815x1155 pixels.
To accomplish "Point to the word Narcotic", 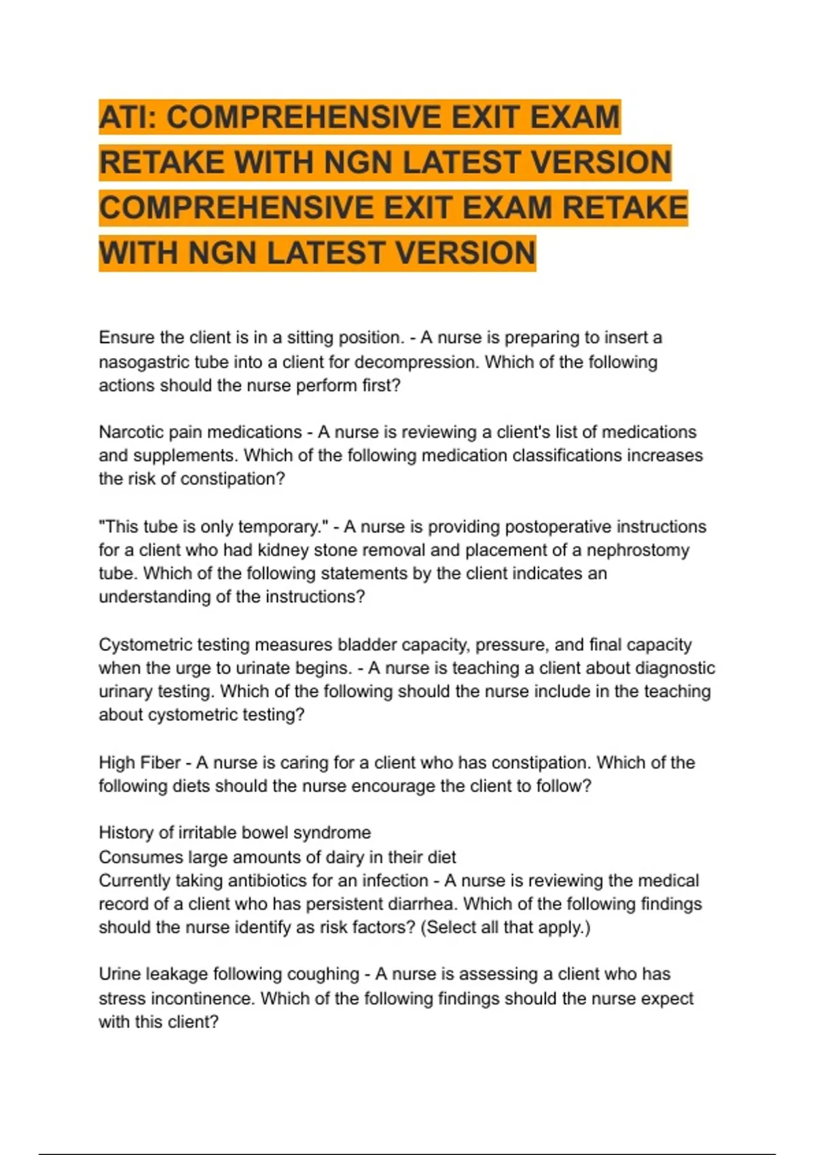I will (131, 432).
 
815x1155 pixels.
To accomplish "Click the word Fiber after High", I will (160, 762).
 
